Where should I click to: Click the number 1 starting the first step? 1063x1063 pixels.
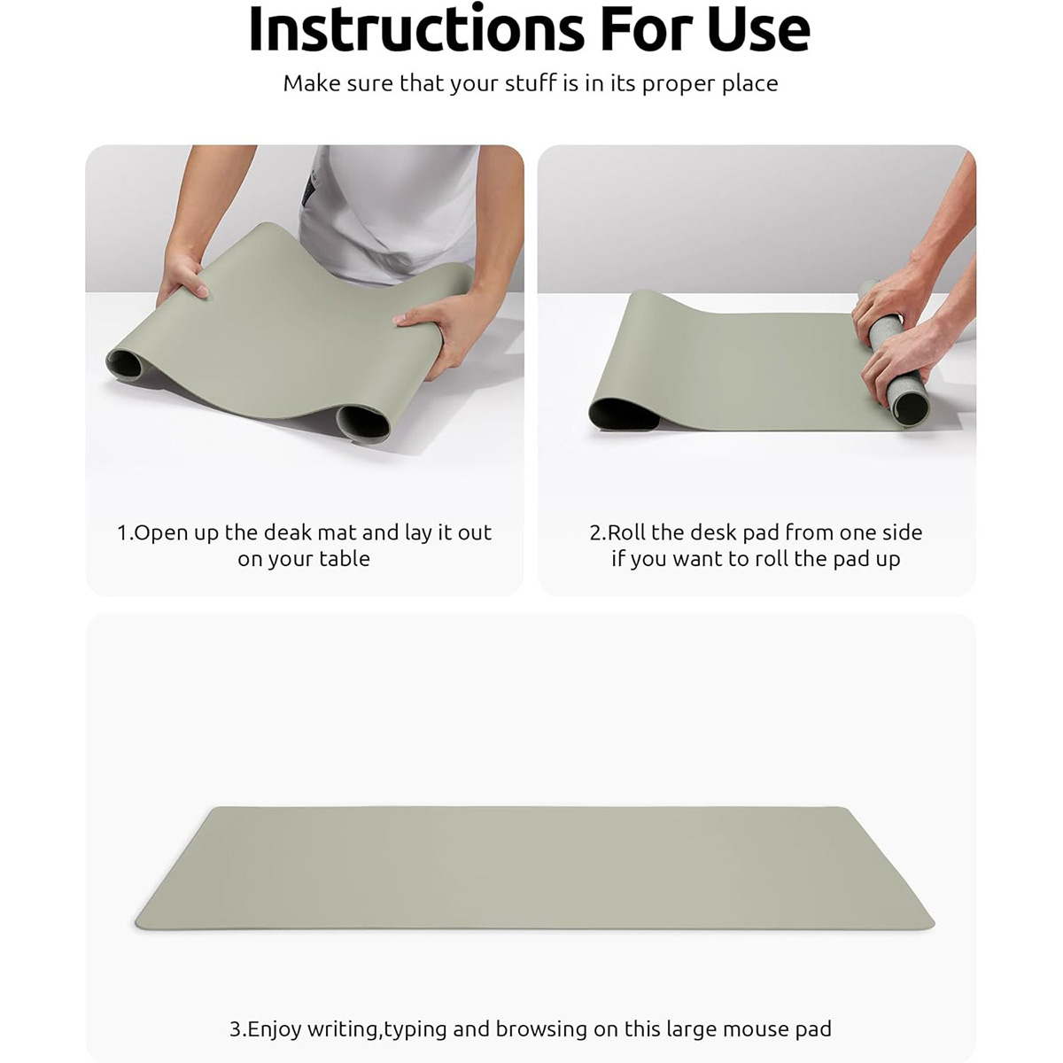pos(122,533)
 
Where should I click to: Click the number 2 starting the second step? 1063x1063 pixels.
pos(596,533)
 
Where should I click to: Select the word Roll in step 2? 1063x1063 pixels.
pos(626,533)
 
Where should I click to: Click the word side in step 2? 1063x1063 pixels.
pos(902,533)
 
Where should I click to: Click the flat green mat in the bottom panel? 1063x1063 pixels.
pos(534,868)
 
